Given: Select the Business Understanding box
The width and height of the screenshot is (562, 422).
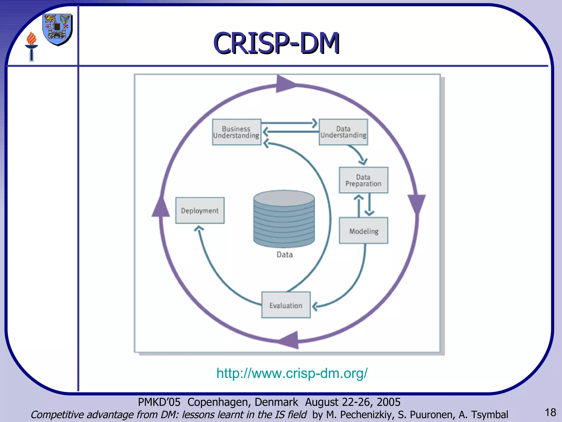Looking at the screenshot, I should (237, 132).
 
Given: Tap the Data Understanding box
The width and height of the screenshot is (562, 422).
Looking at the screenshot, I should (343, 132).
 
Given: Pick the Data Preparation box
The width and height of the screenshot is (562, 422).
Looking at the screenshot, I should (363, 180).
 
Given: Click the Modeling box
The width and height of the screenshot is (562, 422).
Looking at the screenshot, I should (363, 231).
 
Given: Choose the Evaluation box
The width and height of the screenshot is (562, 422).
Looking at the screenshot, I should (286, 305).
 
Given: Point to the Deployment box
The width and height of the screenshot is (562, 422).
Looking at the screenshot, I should (200, 210).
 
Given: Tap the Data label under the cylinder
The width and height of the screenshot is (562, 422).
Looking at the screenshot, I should (285, 255).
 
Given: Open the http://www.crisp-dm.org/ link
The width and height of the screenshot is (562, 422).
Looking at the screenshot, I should (292, 373).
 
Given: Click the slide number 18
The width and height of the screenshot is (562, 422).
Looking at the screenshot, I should (550, 412).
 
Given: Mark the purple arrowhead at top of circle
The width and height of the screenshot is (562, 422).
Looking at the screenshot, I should (285, 84).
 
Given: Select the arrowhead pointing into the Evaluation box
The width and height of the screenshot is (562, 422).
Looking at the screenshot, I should (315, 306).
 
